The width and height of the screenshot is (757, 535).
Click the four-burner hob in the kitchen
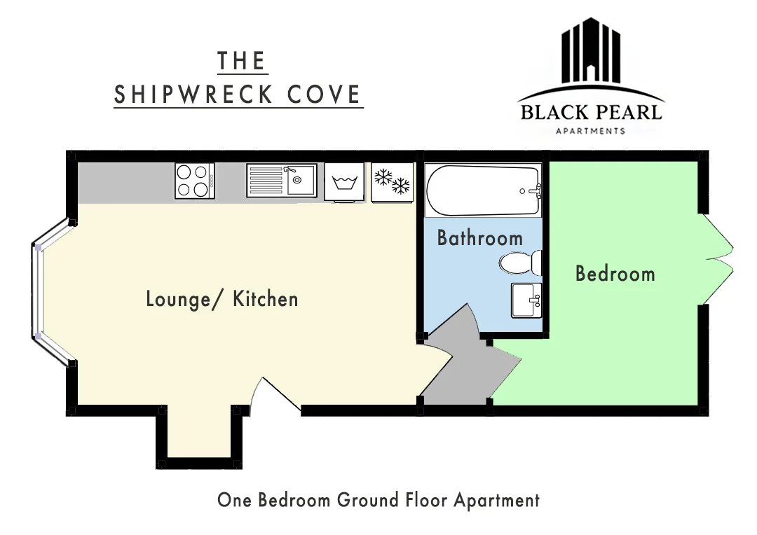(195, 181)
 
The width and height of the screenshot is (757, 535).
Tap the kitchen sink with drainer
(282, 181)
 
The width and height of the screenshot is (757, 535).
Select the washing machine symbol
(344, 182)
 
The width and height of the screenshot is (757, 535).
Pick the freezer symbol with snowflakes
(392, 182)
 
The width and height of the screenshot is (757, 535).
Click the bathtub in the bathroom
(483, 190)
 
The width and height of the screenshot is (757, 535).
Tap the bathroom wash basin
(526, 300)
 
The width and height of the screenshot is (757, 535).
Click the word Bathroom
(480, 238)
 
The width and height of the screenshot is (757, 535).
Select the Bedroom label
(615, 274)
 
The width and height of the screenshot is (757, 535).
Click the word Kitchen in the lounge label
(266, 299)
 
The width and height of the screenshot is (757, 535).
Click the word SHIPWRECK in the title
(193, 94)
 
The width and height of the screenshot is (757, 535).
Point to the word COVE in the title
(324, 94)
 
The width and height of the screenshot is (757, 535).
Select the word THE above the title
(242, 61)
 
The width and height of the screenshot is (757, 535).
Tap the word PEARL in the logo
(627, 113)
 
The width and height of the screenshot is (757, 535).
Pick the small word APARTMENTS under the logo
(590, 131)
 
